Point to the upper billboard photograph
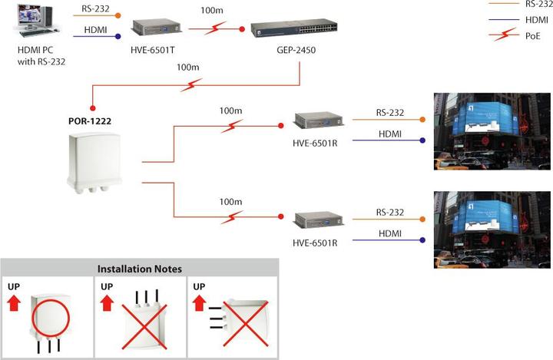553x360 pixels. pyautogui.click(x=492, y=131)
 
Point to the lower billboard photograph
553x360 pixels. pyautogui.click(x=492, y=229)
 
